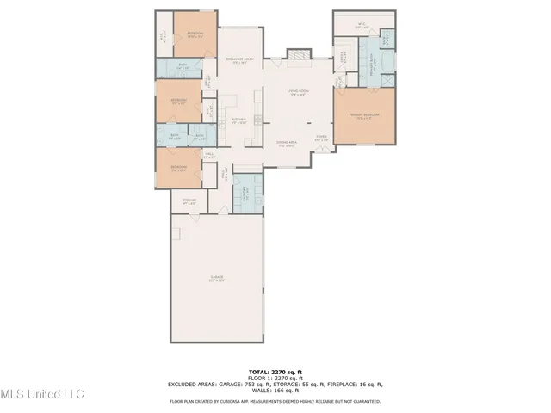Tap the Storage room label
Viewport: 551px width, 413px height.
click(x=189, y=201)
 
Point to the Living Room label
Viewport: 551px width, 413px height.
click(x=299, y=90)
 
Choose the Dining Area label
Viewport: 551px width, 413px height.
click(x=287, y=145)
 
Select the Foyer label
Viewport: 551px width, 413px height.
click(x=320, y=137)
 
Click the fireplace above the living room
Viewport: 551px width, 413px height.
click(x=299, y=53)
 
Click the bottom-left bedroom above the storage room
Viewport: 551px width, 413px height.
click(x=178, y=168)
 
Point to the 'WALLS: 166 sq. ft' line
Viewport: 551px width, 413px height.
click(x=275, y=391)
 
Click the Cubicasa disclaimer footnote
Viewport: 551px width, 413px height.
click(x=275, y=401)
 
